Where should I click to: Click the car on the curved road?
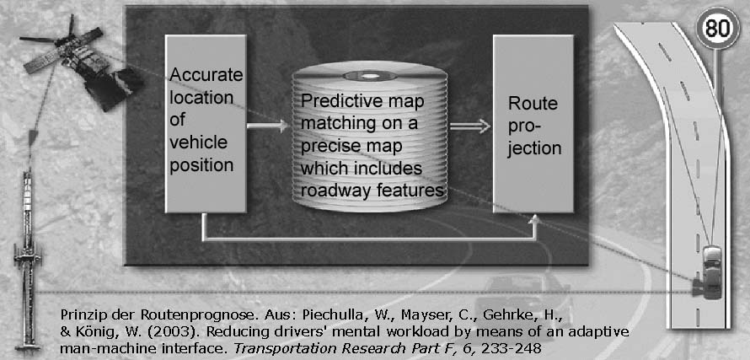[x=710, y=271]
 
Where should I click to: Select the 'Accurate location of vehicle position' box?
[x=206, y=123]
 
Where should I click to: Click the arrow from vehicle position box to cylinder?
[x=268, y=127]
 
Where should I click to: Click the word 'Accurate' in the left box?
[x=206, y=76]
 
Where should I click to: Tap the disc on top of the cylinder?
[x=369, y=73]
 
